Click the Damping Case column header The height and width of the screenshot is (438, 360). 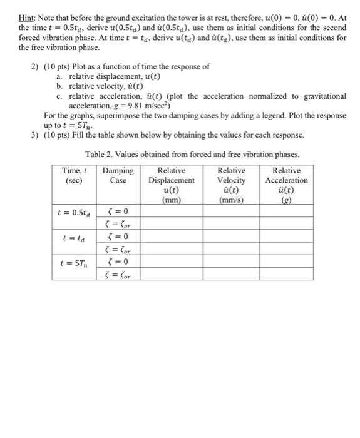click(x=118, y=175)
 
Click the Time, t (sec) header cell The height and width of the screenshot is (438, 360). click(x=75, y=175)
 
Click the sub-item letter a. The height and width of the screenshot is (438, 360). click(x=59, y=76)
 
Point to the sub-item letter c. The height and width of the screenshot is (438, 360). click(x=59, y=96)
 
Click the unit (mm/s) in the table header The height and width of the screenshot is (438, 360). click(x=232, y=201)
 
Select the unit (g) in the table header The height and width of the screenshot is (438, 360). click(x=286, y=201)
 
